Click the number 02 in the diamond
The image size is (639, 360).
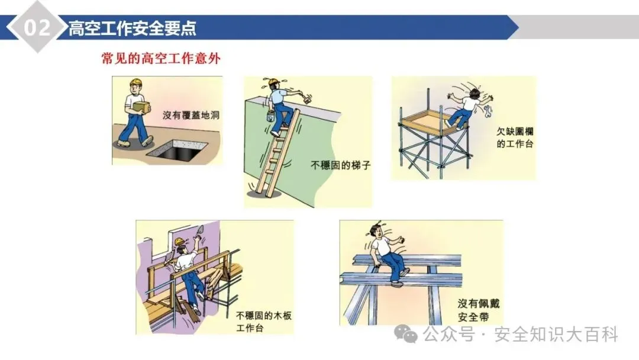point(37,27)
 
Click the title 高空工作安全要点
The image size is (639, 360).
point(133,28)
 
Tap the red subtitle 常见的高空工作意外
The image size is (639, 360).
point(161,58)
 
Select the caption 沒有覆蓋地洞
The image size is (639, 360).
point(191,115)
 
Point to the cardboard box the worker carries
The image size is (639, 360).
point(141,107)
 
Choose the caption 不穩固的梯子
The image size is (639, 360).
point(341,165)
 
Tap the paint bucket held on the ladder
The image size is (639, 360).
point(270,116)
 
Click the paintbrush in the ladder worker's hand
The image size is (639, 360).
point(307,98)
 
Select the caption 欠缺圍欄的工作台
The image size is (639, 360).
point(515,137)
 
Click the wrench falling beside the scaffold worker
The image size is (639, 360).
point(488,111)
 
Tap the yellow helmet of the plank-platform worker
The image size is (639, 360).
point(180,242)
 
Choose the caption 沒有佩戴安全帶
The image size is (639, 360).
point(479,310)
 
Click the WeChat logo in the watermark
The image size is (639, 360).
point(405,334)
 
